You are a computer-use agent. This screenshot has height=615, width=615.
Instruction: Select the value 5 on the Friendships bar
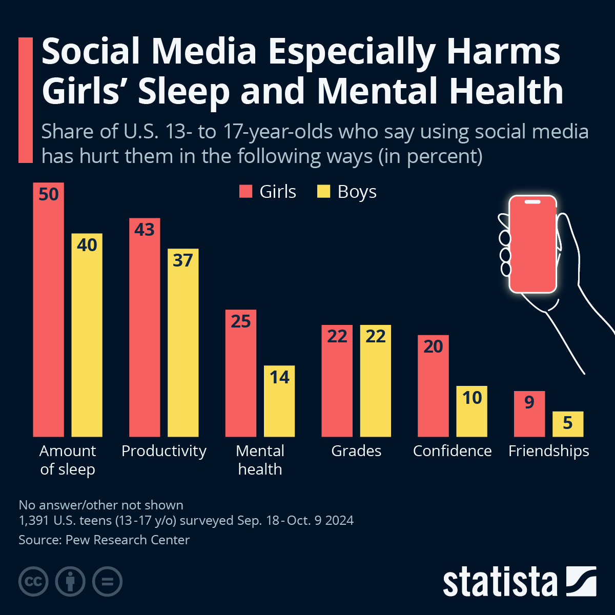click(x=567, y=423)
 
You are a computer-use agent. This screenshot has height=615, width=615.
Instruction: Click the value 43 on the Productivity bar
click(x=145, y=230)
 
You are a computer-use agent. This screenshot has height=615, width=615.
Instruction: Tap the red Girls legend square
click(x=246, y=192)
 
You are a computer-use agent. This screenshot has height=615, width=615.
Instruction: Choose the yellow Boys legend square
click(x=324, y=192)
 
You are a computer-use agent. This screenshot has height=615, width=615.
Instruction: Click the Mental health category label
click(x=260, y=460)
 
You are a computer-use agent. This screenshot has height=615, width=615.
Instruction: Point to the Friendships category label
click(x=548, y=451)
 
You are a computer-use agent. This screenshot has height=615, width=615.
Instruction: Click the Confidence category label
click(x=452, y=451)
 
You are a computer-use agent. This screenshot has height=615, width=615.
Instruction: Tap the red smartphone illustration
click(x=532, y=244)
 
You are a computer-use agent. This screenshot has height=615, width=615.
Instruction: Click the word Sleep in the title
click(x=183, y=91)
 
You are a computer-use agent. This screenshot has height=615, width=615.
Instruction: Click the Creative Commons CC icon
click(x=33, y=582)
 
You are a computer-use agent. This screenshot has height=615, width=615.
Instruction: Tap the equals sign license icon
click(x=107, y=582)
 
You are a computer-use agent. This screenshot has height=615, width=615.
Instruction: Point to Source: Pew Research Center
click(x=104, y=540)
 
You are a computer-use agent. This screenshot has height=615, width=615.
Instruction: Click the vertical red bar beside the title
click(x=25, y=100)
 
